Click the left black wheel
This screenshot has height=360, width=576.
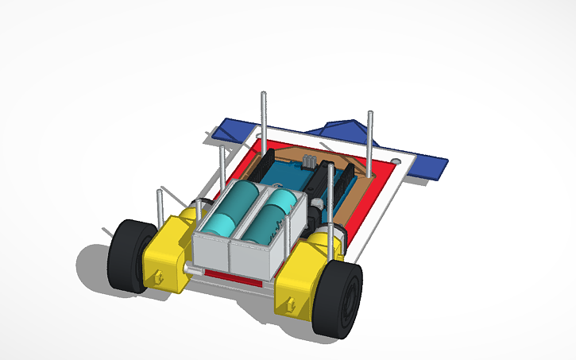(131, 256)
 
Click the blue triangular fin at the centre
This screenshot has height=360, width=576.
(342, 127)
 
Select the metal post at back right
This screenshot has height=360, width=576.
(370, 139)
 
